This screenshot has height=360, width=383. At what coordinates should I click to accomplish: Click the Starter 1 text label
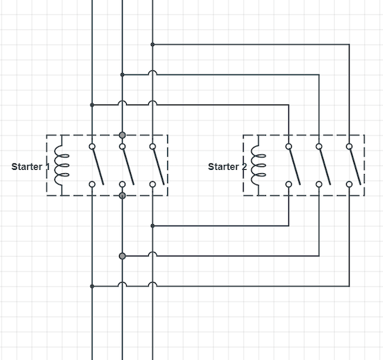[29, 167]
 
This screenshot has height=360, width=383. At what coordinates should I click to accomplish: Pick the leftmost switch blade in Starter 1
[97, 166]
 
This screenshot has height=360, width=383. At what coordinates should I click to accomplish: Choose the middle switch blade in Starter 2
[325, 166]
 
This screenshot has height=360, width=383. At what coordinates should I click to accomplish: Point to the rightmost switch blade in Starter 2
[354, 166]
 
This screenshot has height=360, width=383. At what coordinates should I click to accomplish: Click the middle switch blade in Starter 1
[128, 166]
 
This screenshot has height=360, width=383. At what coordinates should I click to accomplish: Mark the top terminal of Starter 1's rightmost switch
[153, 147]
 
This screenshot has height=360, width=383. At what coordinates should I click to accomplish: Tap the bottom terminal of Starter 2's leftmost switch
[288, 184]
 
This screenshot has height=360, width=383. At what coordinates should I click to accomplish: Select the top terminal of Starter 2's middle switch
[319, 147]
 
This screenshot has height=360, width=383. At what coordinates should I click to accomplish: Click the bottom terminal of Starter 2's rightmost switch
[349, 184]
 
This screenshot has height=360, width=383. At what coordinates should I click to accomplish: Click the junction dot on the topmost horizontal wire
[153, 45]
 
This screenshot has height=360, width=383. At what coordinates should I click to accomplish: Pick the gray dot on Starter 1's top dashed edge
[123, 135]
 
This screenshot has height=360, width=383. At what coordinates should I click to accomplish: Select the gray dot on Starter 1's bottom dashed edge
[123, 196]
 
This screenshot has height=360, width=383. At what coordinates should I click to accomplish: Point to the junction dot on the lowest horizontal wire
[92, 285]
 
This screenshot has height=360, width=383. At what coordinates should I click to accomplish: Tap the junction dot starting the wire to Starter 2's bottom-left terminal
[153, 226]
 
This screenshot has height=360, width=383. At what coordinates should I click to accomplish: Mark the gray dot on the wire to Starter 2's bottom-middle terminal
[123, 256]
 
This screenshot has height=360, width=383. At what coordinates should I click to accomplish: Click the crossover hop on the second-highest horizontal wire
[153, 73]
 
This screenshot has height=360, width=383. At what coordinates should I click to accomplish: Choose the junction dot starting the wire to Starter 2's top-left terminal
[92, 104]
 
